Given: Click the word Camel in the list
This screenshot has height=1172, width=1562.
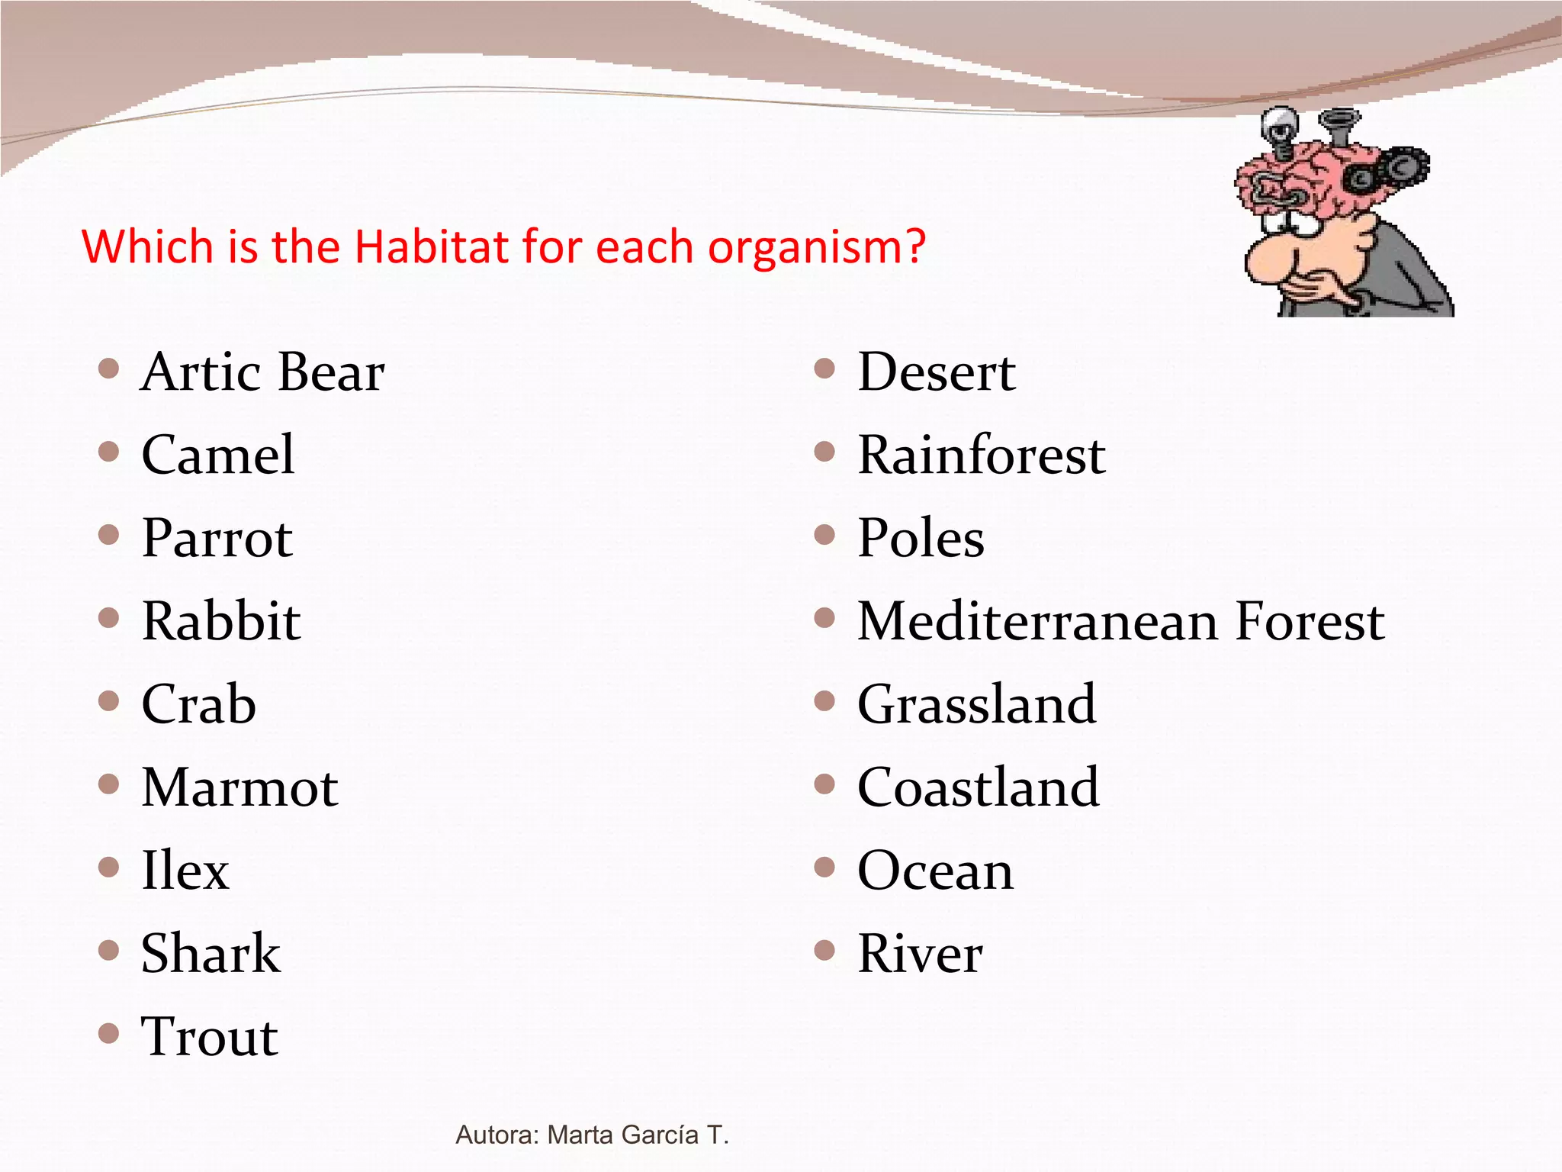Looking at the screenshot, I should tap(217, 455).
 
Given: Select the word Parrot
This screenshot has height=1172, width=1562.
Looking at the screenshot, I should tap(217, 539).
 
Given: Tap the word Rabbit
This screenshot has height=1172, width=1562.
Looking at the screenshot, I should tap(221, 621).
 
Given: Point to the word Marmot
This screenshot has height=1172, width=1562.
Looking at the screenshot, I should tap(239, 787).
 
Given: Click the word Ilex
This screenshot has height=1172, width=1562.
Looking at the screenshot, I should tap(185, 871).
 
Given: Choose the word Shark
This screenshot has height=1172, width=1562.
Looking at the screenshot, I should tap(211, 954).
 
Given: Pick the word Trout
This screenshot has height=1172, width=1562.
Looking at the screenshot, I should tap(210, 1037).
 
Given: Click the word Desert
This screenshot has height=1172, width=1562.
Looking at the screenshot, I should tap(936, 372).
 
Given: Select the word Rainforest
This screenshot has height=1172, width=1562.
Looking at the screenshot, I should tap(981, 456).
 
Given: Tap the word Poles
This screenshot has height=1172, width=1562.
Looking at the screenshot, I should tap(921, 539).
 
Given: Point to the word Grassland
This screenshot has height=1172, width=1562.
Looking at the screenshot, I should tap(976, 704).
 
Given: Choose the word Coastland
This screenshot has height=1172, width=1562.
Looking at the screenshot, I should tap(978, 787).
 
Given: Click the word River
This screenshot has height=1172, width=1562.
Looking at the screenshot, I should tap(920, 954).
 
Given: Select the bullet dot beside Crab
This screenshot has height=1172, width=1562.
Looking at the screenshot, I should tap(109, 700).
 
